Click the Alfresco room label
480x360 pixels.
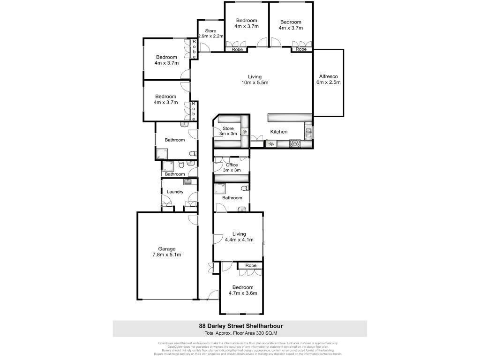[328, 76]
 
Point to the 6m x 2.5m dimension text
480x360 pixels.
[328, 82]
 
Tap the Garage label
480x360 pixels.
[166, 249]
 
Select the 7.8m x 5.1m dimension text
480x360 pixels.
[166, 255]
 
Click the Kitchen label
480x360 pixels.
[278, 132]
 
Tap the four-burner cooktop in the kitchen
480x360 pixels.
[295, 144]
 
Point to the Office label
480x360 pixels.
[232, 165]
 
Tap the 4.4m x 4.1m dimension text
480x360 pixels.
[239, 240]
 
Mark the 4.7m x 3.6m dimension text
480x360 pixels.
[241, 293]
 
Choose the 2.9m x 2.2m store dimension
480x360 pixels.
[210, 36]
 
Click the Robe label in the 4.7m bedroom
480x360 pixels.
[250, 266]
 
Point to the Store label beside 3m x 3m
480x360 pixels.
[228, 128]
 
